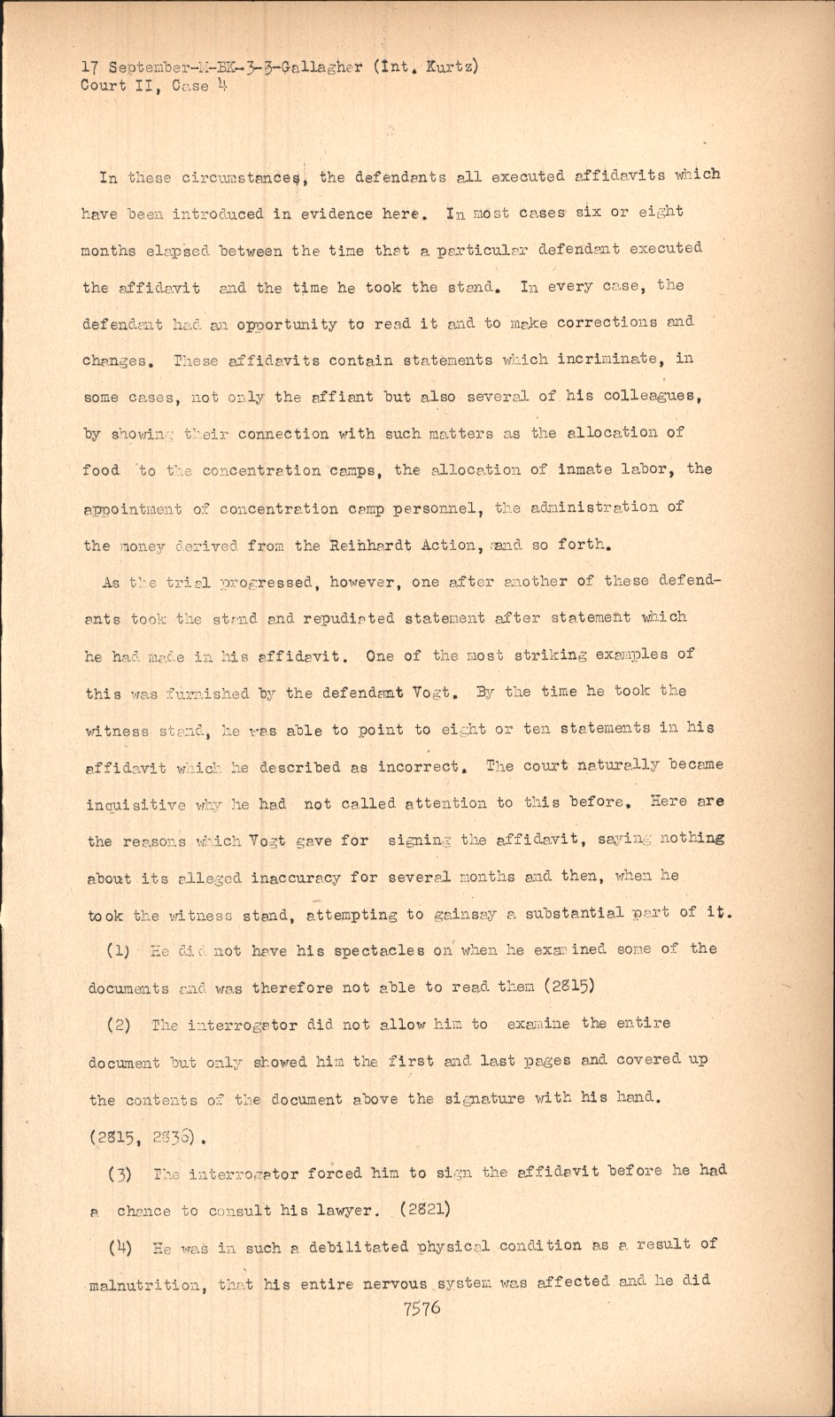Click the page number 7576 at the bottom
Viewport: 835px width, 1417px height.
pyautogui.click(x=421, y=1307)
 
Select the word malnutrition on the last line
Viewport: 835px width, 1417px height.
pyautogui.click(x=144, y=1284)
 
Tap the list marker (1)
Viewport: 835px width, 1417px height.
pyautogui.click(x=119, y=951)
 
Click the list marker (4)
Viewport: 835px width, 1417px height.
pyautogui.click(x=120, y=1248)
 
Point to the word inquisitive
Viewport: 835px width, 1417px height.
pyautogui.click(x=136, y=805)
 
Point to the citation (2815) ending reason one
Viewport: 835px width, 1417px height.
pyautogui.click(x=576, y=987)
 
